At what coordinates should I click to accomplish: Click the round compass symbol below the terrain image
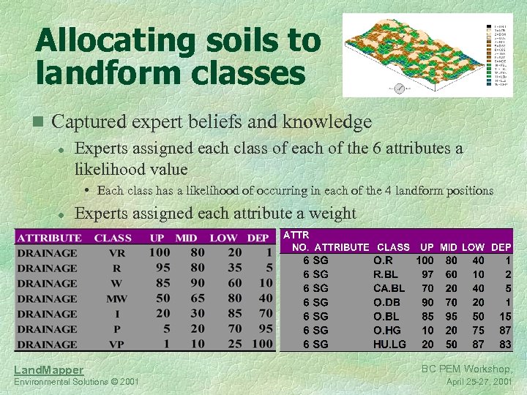pos(400,89)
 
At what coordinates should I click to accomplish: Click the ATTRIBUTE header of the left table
pos(49,238)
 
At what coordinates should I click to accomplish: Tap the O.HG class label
pos(389,330)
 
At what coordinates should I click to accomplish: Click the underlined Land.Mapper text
pos(50,371)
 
